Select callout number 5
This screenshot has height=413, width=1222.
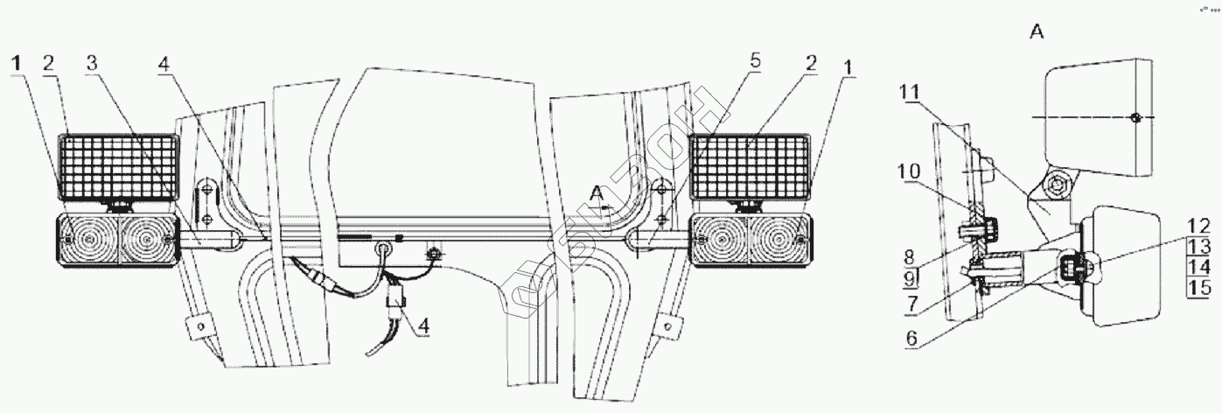755,62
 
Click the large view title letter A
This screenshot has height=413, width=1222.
1037,33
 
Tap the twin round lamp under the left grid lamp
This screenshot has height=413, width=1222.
119,239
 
